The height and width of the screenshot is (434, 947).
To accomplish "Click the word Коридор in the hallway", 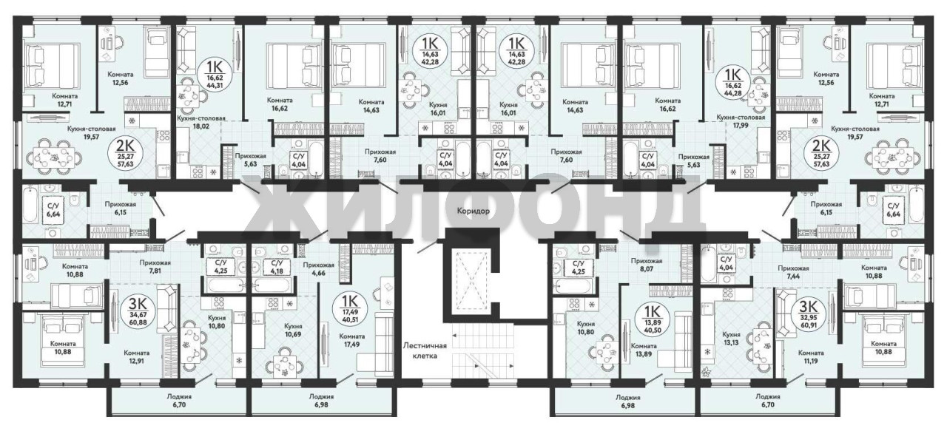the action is pyautogui.click(x=473, y=211).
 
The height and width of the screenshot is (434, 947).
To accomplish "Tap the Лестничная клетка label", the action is pyautogui.click(x=425, y=350).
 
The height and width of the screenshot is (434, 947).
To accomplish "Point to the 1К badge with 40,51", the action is pyautogui.click(x=351, y=309).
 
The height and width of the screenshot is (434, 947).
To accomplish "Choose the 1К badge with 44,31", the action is pyautogui.click(x=215, y=73).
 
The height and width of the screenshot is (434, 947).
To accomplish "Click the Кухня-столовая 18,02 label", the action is pyautogui.click(x=201, y=123).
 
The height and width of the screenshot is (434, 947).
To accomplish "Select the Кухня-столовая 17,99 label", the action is pyautogui.click(x=741, y=121).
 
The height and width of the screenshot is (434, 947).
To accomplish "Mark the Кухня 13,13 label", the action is pyautogui.click(x=731, y=338).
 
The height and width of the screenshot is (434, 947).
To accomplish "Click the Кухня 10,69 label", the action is pyautogui.click(x=293, y=330).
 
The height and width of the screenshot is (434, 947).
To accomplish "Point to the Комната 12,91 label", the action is pyautogui.click(x=137, y=356).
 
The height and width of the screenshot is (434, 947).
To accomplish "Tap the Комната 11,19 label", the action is pyautogui.click(x=811, y=356).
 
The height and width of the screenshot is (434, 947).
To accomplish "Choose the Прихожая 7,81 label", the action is pyautogui.click(x=155, y=266).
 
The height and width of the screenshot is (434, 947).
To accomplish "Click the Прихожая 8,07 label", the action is pyautogui.click(x=647, y=265).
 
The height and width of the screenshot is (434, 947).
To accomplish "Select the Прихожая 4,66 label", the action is pyautogui.click(x=319, y=269).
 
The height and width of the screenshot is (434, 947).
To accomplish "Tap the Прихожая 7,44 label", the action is pyautogui.click(x=793, y=272).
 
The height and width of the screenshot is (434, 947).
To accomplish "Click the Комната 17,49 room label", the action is pyautogui.click(x=351, y=340).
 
